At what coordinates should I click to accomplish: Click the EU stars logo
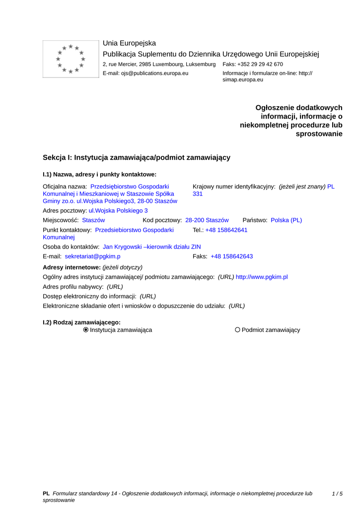(71, 59)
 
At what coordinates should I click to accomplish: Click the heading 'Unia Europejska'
(129, 43)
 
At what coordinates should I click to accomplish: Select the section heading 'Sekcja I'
(136, 157)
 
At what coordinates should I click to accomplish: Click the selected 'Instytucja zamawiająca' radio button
(86, 330)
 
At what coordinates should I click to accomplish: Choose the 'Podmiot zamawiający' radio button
(237, 330)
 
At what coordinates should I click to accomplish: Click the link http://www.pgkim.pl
(262, 277)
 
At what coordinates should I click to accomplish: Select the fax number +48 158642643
(231, 256)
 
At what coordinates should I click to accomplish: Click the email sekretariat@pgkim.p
(92, 256)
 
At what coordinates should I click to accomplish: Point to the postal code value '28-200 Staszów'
(207, 220)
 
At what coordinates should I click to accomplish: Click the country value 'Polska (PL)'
(286, 220)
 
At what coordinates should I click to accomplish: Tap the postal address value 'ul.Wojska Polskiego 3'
(118, 210)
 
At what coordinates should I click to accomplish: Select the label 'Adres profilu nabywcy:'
(73, 287)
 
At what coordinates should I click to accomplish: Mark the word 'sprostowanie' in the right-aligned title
(319, 134)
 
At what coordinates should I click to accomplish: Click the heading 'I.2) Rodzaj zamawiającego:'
(81, 322)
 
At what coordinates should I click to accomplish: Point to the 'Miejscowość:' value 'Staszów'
(93, 220)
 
